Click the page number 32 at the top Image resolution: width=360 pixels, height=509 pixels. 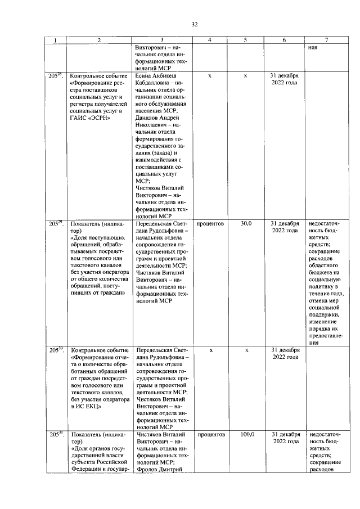click(195, 24)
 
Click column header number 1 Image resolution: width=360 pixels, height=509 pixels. click(55, 40)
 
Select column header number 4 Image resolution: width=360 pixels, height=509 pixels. click(210, 40)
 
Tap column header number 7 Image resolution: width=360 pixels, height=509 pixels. click(327, 40)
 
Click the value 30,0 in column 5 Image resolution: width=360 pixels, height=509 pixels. click(246, 224)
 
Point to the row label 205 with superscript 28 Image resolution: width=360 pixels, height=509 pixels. click(56, 75)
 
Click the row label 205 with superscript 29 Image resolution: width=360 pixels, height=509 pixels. click(56, 223)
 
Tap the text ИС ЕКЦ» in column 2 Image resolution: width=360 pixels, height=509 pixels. click(86, 407)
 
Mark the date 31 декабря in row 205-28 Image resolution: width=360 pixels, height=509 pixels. click(284, 75)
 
